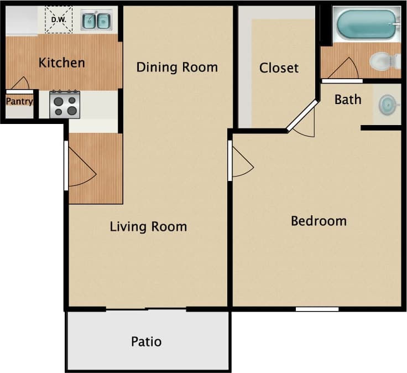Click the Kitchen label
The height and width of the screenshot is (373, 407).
[62, 63]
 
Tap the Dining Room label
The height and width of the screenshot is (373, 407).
[177, 68]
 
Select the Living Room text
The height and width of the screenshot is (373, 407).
[148, 226]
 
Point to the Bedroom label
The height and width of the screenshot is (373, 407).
[319, 221]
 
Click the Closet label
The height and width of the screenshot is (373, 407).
[279, 68]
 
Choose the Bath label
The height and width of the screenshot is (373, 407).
[348, 100]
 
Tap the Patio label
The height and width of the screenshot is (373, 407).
[147, 341]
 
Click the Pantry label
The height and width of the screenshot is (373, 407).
[19, 102]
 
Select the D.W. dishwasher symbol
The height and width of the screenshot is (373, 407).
[58, 20]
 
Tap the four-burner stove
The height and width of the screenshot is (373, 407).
[65, 105]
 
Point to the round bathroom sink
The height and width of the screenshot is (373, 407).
[388, 103]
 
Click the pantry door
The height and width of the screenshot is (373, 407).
[20, 84]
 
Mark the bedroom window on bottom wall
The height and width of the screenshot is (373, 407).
[317, 309]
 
